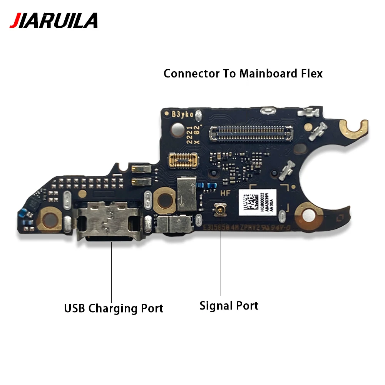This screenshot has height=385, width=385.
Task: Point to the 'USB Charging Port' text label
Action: [114, 308]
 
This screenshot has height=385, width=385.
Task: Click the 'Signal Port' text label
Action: [229, 306]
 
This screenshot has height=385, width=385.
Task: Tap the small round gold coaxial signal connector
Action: [221, 210]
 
